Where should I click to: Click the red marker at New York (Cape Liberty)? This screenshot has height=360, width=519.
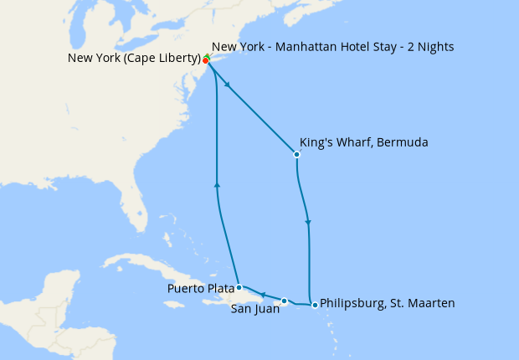[205, 60]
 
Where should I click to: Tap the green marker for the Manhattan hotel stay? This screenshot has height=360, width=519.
[208, 56]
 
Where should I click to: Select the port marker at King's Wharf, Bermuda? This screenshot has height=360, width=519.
[296, 154]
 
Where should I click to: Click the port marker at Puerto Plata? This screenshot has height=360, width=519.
[239, 287]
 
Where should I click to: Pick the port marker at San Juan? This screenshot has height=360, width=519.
[285, 301]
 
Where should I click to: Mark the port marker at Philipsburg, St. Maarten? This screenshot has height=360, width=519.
[315, 305]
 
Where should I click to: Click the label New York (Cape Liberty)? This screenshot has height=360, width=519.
[134, 59]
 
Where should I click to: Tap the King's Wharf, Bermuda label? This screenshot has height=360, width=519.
[363, 143]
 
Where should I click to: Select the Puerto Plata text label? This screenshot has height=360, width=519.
[201, 289]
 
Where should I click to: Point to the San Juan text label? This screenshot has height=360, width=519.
[254, 308]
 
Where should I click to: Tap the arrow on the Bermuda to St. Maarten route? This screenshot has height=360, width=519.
[309, 223]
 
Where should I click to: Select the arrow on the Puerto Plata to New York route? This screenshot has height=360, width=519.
[217, 184]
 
